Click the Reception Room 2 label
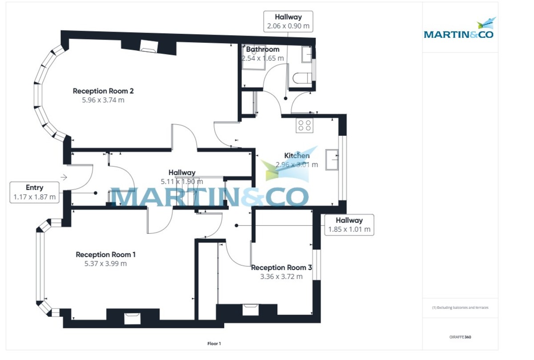point(103,91)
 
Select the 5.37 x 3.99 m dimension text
point(105,263)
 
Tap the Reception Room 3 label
point(281,267)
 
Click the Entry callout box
point(35,192)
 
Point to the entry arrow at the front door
point(64,177)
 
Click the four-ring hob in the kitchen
point(305,125)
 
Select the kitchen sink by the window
point(332,160)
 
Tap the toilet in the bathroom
point(302,78)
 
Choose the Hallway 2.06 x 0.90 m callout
point(288,21)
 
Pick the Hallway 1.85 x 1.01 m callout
point(349,225)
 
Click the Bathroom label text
point(263,49)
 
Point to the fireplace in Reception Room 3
point(251,309)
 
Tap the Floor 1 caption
point(214,344)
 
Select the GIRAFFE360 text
point(460,337)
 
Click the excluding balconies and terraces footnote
point(460,307)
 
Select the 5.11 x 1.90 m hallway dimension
point(182,181)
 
